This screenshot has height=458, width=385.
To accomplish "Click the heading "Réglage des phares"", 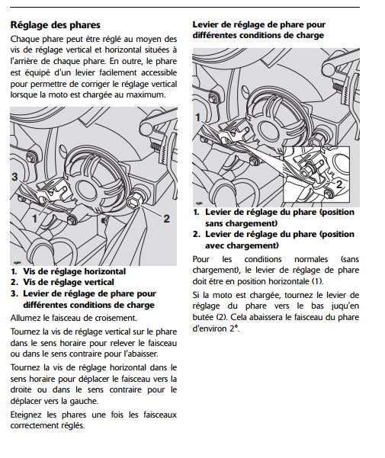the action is click(x=55, y=25).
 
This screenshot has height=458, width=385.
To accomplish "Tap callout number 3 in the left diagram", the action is click(x=14, y=177).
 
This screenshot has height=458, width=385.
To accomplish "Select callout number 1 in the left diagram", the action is click(x=34, y=218).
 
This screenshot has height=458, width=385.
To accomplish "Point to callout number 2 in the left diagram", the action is click(x=166, y=219).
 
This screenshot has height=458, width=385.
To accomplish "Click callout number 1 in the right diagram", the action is click(x=198, y=117).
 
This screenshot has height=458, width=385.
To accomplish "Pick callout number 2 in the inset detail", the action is click(x=338, y=184).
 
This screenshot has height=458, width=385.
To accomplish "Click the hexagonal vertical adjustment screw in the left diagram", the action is click(x=134, y=201).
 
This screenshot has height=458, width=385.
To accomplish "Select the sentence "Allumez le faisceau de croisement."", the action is click(x=73, y=318).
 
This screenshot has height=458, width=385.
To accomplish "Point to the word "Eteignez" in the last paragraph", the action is click(x=25, y=415).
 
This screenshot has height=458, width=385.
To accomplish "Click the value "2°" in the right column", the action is click(x=234, y=328).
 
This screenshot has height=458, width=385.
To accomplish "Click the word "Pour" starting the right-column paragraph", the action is click(x=201, y=259).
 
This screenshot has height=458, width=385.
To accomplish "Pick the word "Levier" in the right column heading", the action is click(x=205, y=25).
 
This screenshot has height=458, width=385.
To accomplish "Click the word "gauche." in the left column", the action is click(x=84, y=401).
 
